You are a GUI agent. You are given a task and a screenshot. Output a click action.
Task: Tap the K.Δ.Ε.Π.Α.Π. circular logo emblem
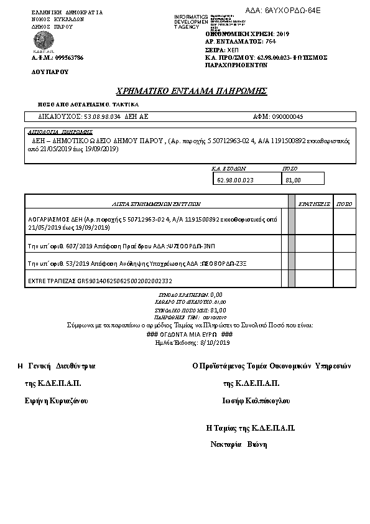coord(44,40)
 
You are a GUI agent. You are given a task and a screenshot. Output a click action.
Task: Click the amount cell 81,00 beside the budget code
coord(293,180)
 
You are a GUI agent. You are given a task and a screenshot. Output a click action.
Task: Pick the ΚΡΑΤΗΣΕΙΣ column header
coord(313,203)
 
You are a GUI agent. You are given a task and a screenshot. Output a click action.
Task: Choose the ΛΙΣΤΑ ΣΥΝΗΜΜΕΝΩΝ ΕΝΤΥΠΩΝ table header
coord(156,203)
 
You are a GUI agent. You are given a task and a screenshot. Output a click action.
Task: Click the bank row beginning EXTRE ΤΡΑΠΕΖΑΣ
coord(99,281)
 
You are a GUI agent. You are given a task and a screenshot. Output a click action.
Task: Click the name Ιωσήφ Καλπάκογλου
coord(256,400)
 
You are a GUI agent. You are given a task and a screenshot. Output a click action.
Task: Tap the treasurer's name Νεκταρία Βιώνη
coord(239,444)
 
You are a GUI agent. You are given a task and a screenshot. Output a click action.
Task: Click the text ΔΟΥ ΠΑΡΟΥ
coord(50,72)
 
